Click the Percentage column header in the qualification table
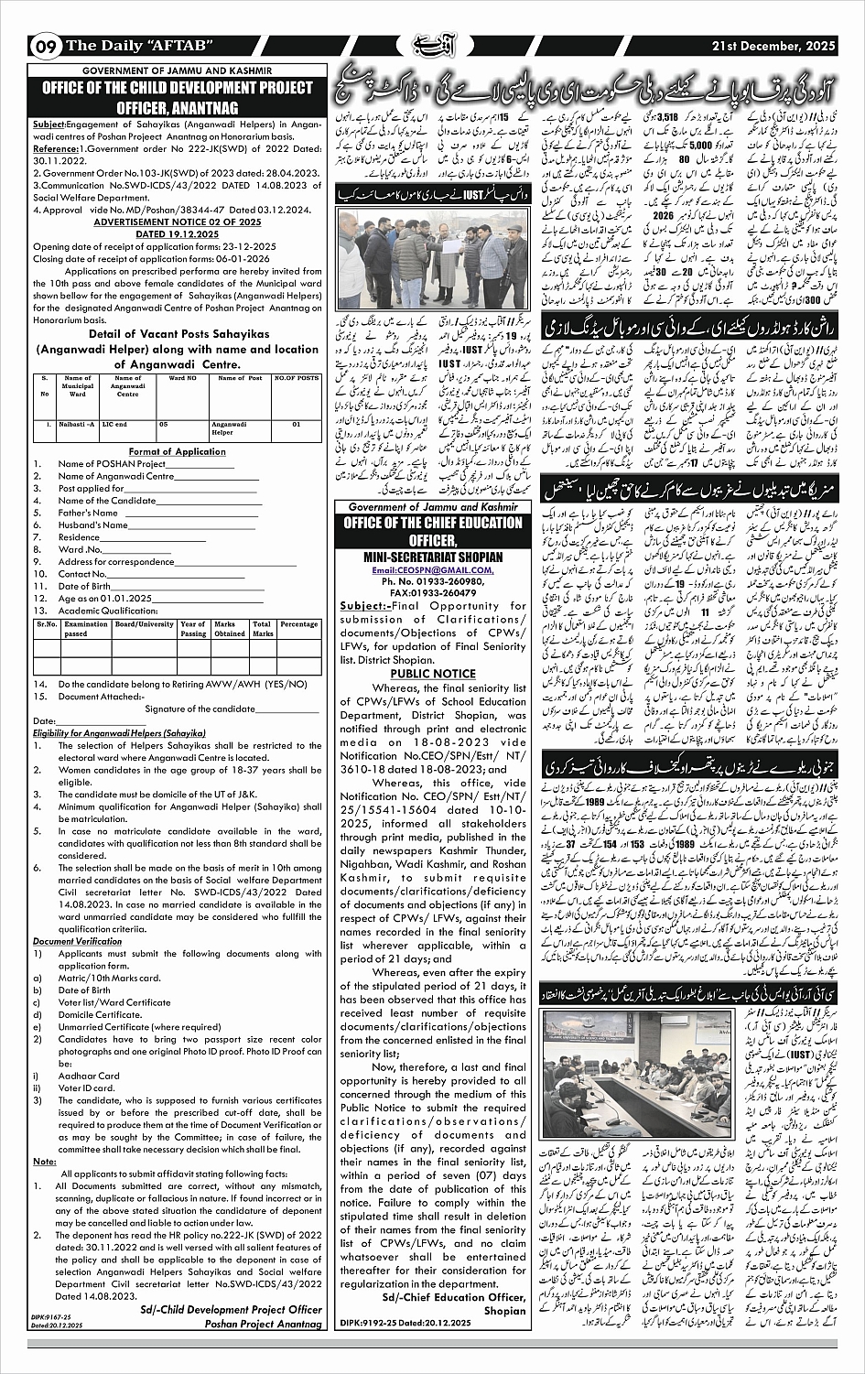coord(298,624)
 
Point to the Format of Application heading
coord(177,451)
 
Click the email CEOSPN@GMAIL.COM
coord(432,569)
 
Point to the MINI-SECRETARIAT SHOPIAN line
coord(432,557)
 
